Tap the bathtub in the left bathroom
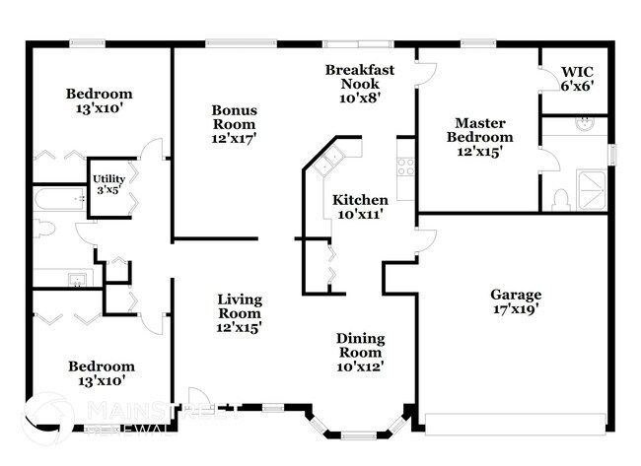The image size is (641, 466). coord(58,201)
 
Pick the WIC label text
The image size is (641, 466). coord(577,72)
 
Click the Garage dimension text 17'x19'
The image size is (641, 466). coord(516,309)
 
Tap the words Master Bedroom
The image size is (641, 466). coord(479,130)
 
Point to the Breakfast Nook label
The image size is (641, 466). coord(360,77)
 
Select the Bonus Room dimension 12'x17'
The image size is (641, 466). coord(234,139)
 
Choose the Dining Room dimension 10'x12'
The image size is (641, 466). coord(360,366)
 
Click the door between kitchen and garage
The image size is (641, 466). coord(425,240)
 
